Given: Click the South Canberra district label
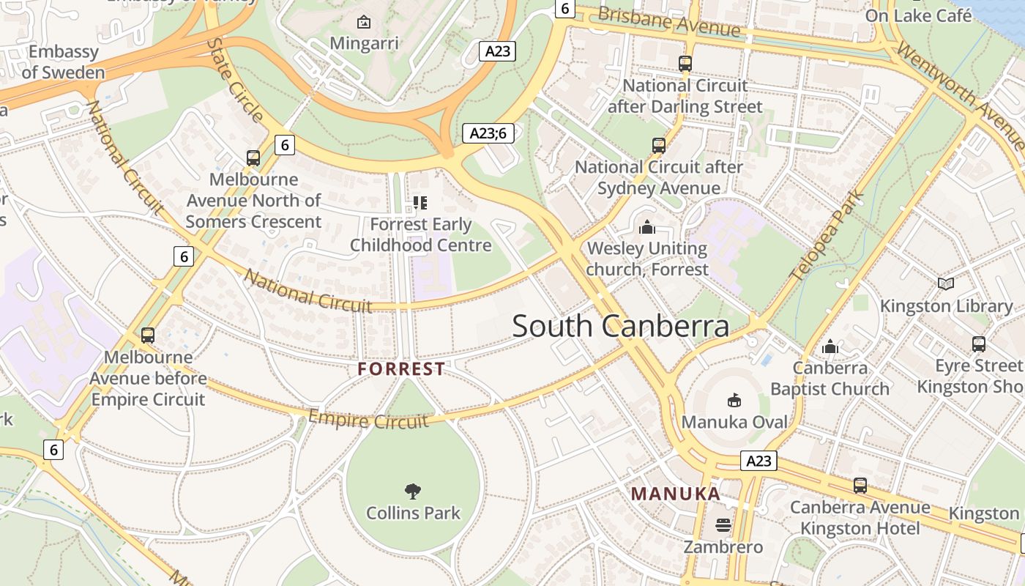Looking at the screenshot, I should pyautogui.click(x=620, y=326).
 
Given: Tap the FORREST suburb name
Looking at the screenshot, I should pyautogui.click(x=401, y=369).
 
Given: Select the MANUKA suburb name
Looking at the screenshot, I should pyautogui.click(x=676, y=494).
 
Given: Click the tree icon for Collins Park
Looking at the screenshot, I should pyautogui.click(x=413, y=491).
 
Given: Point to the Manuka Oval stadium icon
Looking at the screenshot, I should pyautogui.click(x=734, y=400).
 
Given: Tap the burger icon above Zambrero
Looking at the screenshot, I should pyautogui.click(x=723, y=525).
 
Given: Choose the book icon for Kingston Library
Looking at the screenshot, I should pyautogui.click(x=946, y=283).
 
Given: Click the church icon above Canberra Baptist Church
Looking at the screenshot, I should pyautogui.click(x=830, y=346).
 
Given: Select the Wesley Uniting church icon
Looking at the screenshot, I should pyautogui.click(x=646, y=228).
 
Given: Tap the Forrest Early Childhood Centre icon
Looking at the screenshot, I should pyautogui.click(x=420, y=202).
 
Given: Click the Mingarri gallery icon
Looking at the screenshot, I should pyautogui.click(x=363, y=22).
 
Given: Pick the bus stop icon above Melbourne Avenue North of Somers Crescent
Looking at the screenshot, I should pyautogui.click(x=253, y=157).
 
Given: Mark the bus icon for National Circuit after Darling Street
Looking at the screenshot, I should pyautogui.click(x=685, y=64).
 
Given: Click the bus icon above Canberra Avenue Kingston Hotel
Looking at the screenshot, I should pyautogui.click(x=860, y=485).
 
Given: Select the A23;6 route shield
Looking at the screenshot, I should pyautogui.click(x=488, y=133).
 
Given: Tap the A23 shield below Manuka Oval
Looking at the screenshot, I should pyautogui.click(x=758, y=461).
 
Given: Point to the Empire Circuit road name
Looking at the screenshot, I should pyautogui.click(x=368, y=420).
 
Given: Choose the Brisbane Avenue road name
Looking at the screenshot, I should pyautogui.click(x=669, y=21).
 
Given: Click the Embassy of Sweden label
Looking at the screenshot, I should pyautogui.click(x=63, y=62).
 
